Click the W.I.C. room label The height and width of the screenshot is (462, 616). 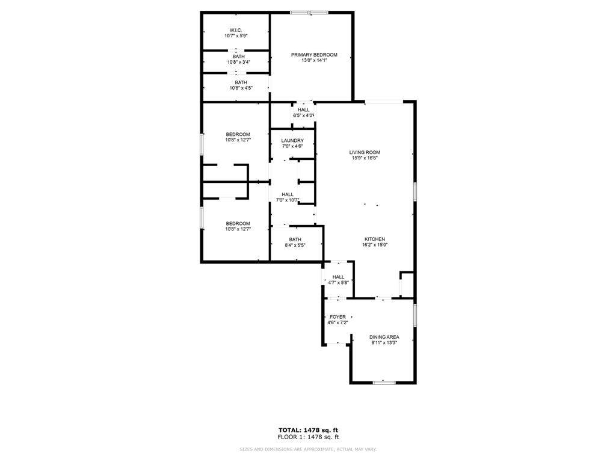(x=236, y=30)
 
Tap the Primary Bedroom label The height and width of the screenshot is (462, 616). (x=314, y=55)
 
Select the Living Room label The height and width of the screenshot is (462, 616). (x=365, y=152)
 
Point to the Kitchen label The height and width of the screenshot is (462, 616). (x=375, y=239)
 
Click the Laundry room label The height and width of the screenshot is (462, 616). (x=292, y=140)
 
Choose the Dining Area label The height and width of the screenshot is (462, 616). (x=384, y=337)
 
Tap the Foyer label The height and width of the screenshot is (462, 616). (x=338, y=316)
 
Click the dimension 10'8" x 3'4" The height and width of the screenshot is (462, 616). (x=238, y=62)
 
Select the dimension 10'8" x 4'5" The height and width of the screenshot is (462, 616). (x=241, y=88)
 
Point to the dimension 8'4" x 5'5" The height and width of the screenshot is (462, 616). (x=295, y=245)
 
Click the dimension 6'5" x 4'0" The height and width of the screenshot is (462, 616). (x=304, y=115)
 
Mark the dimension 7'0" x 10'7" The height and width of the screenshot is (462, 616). (x=288, y=200)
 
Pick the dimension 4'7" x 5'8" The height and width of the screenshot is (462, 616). (x=338, y=283)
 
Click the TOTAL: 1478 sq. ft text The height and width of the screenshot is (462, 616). (x=308, y=430)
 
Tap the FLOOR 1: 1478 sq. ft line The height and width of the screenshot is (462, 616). (x=308, y=437)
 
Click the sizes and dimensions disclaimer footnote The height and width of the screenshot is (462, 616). (x=308, y=449)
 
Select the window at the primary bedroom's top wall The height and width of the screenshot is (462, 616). (x=309, y=13)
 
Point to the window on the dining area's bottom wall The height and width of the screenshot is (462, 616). (x=384, y=382)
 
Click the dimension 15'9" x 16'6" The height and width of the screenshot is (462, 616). (x=365, y=158)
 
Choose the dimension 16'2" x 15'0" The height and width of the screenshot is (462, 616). (x=375, y=245)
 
